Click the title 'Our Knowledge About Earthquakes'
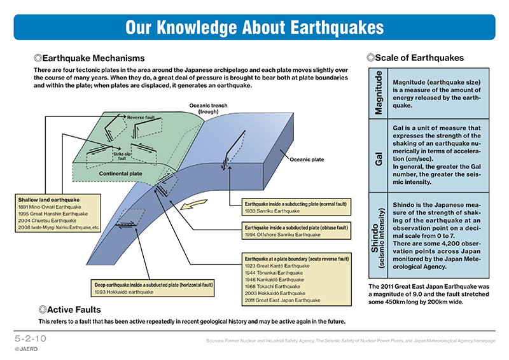(254, 27)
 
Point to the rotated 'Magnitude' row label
(379, 93)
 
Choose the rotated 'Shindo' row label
(379, 236)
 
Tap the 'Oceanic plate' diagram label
(308, 160)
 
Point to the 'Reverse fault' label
(142, 118)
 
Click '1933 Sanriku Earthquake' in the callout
(272, 211)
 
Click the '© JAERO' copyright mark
(26, 349)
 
